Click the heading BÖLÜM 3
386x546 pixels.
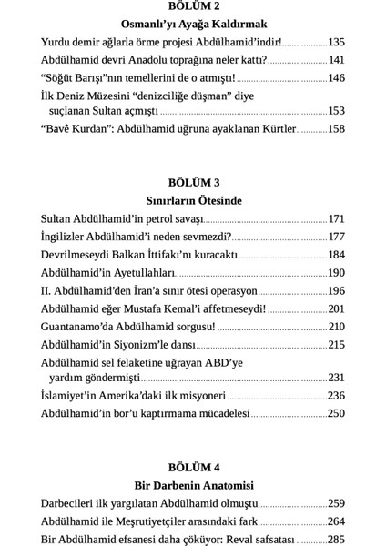192,181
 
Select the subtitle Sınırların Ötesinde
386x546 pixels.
192,199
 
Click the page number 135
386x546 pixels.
336,42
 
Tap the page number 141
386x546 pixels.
336,59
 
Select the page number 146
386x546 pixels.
336,77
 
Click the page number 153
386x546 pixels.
336,111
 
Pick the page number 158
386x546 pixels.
336,129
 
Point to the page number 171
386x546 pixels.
336,219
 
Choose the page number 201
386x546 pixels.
336,309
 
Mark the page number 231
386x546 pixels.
336,378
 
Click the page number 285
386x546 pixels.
336,539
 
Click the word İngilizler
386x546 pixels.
67,238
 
